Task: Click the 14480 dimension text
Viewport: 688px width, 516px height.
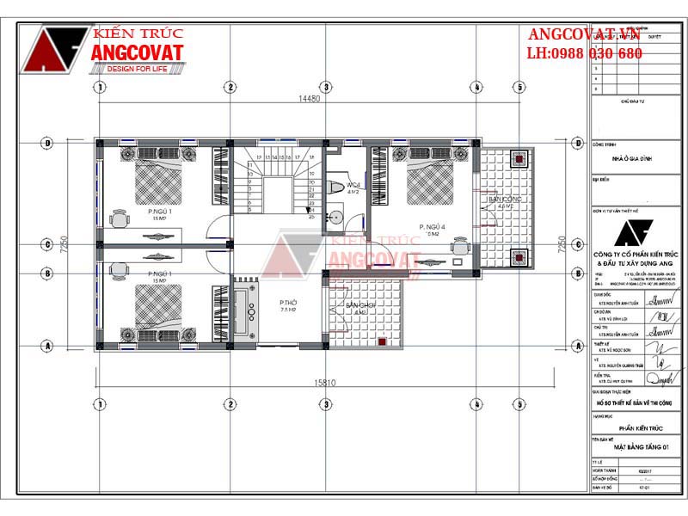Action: point(309,100)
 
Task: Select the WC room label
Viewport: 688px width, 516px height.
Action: point(353,187)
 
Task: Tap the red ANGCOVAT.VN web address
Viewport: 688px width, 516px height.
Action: point(585,34)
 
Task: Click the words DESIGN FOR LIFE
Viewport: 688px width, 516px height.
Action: point(137,70)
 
